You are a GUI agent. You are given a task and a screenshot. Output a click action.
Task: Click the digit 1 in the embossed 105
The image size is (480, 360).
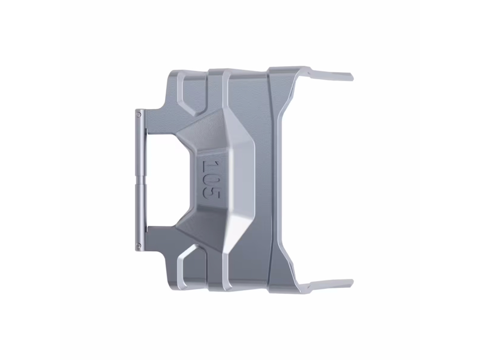point(210,166)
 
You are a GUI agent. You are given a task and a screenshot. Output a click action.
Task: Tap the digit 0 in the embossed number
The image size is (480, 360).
point(211,180)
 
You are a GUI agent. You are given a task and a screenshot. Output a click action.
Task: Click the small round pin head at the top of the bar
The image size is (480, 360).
point(139,115)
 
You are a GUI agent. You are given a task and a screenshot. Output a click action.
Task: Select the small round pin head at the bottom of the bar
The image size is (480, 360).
point(139,246)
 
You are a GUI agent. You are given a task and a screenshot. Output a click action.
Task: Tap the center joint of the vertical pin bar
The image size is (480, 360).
point(141,180)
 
